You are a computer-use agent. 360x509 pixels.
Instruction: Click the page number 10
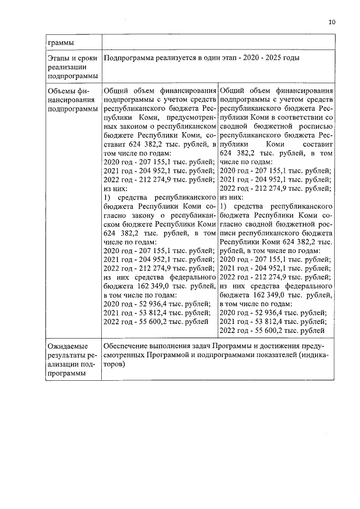tap(331, 22)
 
